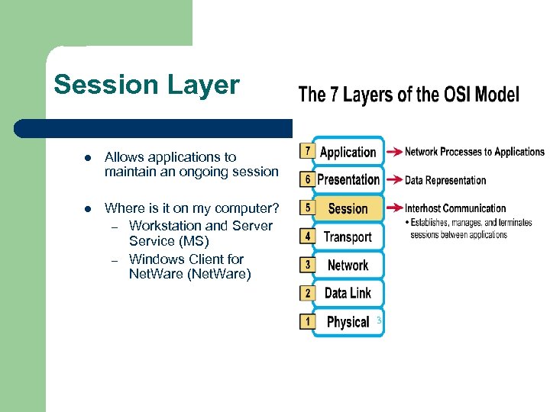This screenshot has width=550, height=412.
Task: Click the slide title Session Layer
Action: (x=147, y=85)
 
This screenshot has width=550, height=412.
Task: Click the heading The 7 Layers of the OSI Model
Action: (x=408, y=95)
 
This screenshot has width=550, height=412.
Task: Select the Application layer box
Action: (x=348, y=152)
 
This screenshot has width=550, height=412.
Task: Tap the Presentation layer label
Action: (x=348, y=180)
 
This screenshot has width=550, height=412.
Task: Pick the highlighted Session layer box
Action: (x=348, y=208)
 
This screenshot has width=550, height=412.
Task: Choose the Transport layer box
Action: (x=348, y=237)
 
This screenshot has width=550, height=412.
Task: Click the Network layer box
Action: (x=348, y=265)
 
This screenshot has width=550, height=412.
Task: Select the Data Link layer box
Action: (x=348, y=293)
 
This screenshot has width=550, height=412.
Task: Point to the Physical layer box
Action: (x=348, y=321)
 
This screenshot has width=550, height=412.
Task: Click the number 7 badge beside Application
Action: (x=307, y=151)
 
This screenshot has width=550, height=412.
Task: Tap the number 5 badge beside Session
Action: (x=307, y=208)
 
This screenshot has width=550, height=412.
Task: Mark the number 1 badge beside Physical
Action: (x=307, y=321)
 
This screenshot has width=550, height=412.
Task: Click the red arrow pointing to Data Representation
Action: (x=393, y=180)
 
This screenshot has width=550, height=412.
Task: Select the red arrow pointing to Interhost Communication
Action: (x=393, y=208)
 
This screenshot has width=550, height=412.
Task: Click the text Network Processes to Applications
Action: (x=474, y=152)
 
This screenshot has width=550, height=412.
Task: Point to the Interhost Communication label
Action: (x=455, y=208)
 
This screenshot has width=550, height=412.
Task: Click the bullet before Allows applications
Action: (x=88, y=158)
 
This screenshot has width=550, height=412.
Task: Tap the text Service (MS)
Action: (x=169, y=242)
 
